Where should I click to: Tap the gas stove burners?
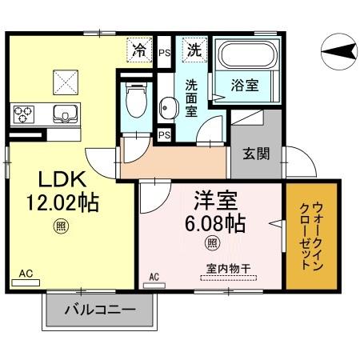[22, 113]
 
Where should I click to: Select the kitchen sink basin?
[63, 113]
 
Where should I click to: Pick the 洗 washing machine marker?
[194, 49]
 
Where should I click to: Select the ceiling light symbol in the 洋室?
[212, 242]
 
